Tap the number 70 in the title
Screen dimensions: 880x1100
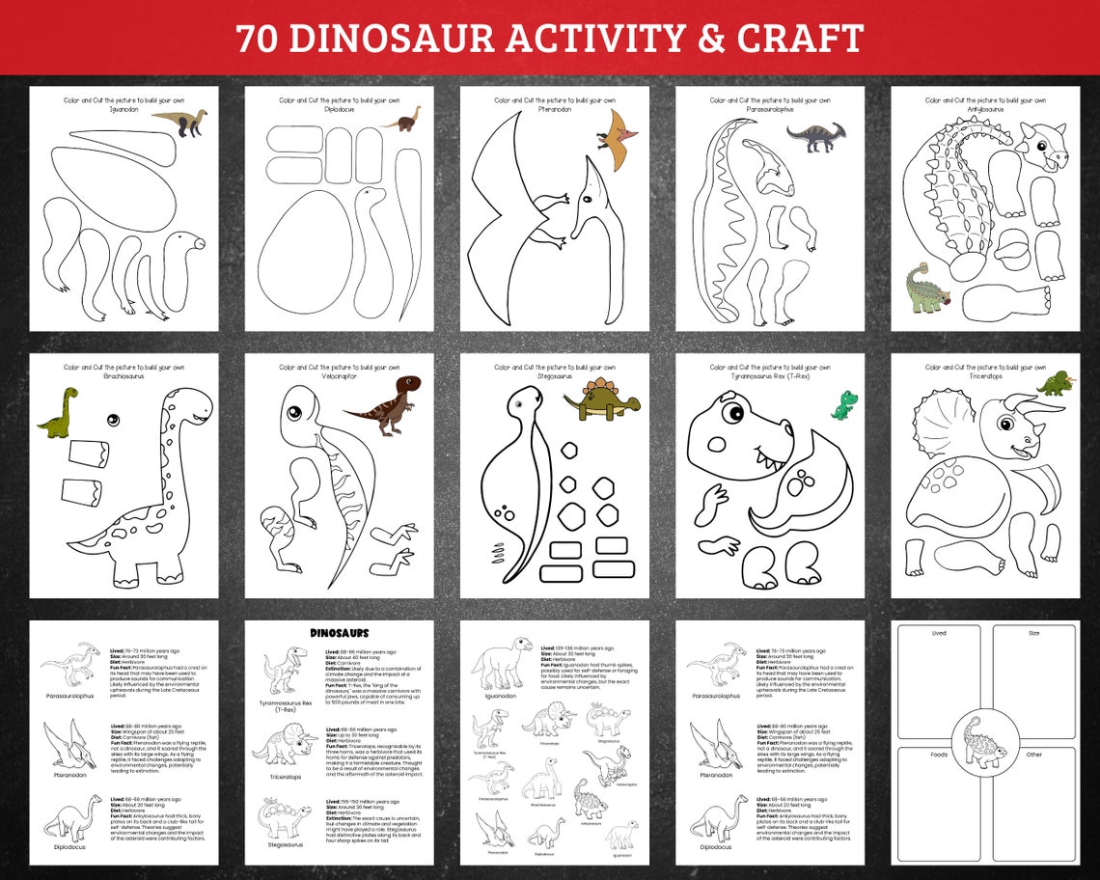[258, 39]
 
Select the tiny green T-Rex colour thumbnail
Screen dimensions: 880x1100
[844, 404]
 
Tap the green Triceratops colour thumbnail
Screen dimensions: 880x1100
[1057, 383]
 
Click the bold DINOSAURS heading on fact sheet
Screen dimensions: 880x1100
[340, 633]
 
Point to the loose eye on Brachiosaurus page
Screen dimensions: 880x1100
[113, 420]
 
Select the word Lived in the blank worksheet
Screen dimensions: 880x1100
[938, 633]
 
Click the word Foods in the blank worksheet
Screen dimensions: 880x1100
[938, 755]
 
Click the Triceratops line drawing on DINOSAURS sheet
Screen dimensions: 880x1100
[285, 744]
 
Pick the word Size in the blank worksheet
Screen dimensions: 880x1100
[1033, 633]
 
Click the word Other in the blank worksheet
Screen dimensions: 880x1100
[1033, 755]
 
